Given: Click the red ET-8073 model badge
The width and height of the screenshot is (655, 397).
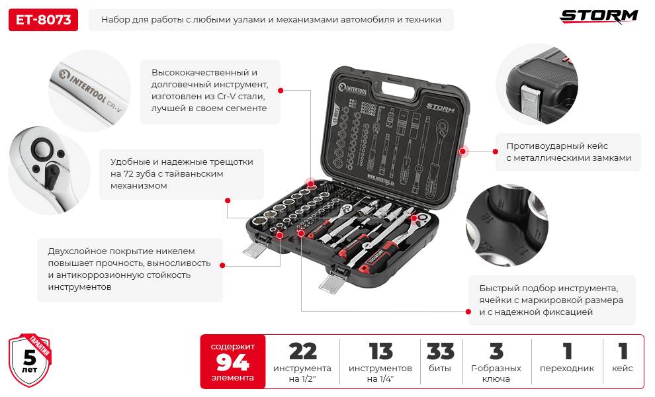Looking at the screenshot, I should coord(43,20).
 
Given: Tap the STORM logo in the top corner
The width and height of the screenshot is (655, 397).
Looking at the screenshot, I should coord(599,16).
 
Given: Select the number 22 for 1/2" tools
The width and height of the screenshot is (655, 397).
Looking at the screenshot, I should coord(302,351).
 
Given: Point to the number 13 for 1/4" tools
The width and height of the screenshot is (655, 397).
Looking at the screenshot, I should coord(380,351).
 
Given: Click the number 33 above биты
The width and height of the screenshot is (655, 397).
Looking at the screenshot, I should coord(440,351).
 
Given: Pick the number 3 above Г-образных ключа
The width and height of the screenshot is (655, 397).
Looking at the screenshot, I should coord(496,351).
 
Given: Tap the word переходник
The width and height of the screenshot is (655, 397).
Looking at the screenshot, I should coord(566,369).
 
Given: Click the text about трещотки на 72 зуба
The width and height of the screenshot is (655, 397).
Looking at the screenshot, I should coord(181,174).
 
